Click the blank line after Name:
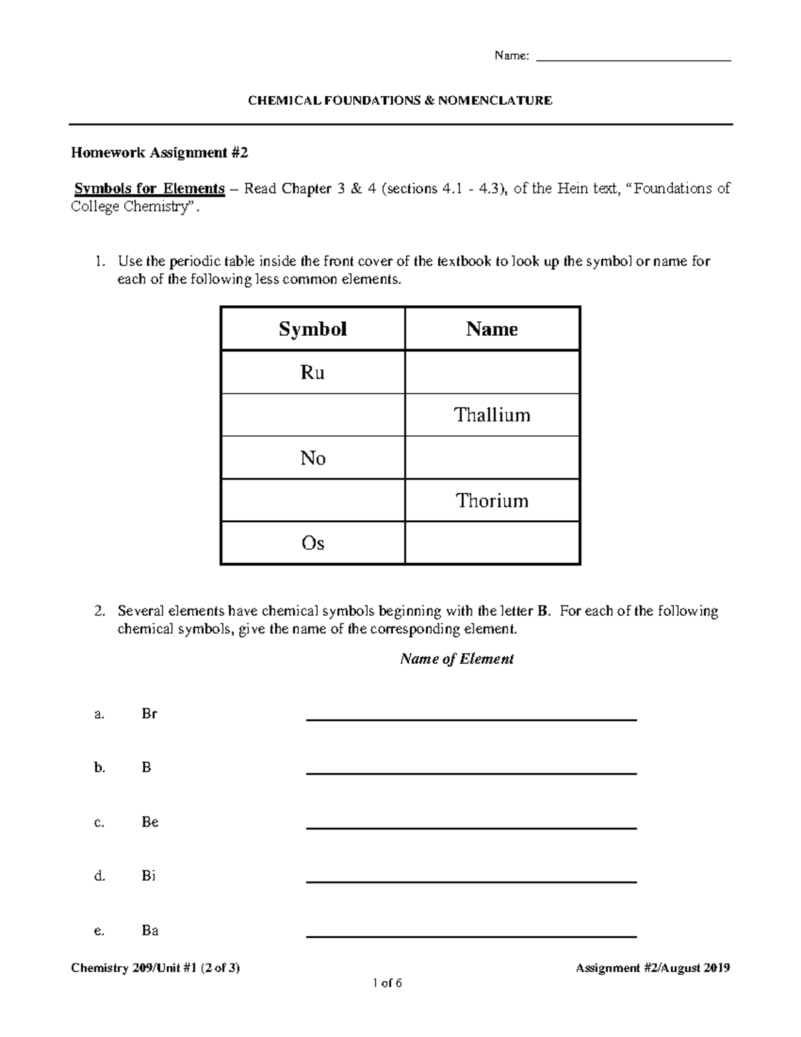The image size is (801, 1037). [x=633, y=59]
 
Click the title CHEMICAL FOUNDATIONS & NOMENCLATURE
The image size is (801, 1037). [x=400, y=101]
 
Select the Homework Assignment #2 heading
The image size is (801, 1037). [x=160, y=153]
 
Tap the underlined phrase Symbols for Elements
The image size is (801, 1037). [x=150, y=188]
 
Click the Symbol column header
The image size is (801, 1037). [x=312, y=329]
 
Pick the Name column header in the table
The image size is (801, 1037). [x=492, y=329]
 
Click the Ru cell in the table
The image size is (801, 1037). [x=312, y=373]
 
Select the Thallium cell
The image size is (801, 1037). [x=492, y=415]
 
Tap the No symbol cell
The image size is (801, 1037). [x=312, y=458]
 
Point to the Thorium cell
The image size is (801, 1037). [x=492, y=501]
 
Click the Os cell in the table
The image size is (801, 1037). [x=312, y=544]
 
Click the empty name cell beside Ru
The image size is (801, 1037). [x=492, y=373]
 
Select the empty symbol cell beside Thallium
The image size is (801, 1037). [x=312, y=415]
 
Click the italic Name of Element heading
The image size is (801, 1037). [x=457, y=659]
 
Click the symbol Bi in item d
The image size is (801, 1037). [x=148, y=876]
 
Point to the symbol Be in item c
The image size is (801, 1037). [x=150, y=822]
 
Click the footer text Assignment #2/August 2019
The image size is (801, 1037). [x=652, y=968]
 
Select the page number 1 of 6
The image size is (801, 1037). [x=388, y=983]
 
